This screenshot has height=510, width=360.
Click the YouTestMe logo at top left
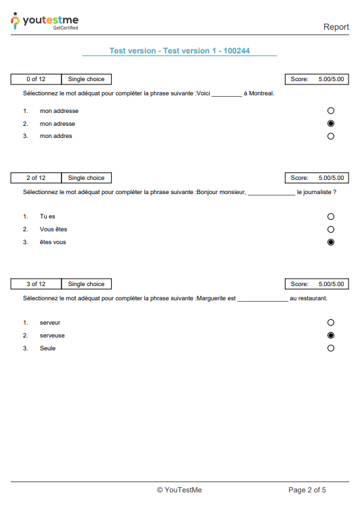coord(45,22)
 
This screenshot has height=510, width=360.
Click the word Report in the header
coord(336,27)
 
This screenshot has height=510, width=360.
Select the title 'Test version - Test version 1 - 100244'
coord(179,51)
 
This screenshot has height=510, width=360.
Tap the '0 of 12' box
coord(36,79)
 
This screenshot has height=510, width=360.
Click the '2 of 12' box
coord(36,178)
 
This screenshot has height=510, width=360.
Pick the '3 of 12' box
coord(36,284)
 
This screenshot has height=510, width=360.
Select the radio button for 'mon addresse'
coord(331,110)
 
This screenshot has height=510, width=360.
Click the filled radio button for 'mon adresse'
coord(331,124)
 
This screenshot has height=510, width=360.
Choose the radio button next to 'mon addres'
coord(331,136)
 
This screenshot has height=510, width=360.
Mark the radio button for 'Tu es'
coord(331,216)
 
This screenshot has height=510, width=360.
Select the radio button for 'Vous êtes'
coord(331,229)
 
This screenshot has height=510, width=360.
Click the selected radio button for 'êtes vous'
coord(331,242)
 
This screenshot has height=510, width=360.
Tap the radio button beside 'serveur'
coord(331,323)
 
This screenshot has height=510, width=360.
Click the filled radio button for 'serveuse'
coord(331,335)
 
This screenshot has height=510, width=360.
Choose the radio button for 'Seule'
coord(331,348)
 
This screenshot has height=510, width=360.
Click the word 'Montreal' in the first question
coord(261,93)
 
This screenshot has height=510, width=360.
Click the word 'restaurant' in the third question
coord(311,298)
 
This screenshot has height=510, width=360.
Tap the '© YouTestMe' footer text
coord(179,490)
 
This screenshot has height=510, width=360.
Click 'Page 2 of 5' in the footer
coord(307,490)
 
